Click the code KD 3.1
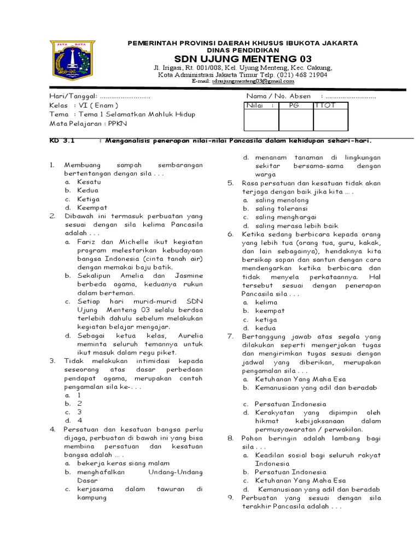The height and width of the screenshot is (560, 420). click(61, 140)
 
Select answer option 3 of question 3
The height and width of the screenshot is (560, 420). click(79, 412)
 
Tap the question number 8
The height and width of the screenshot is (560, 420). click(230, 438)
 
